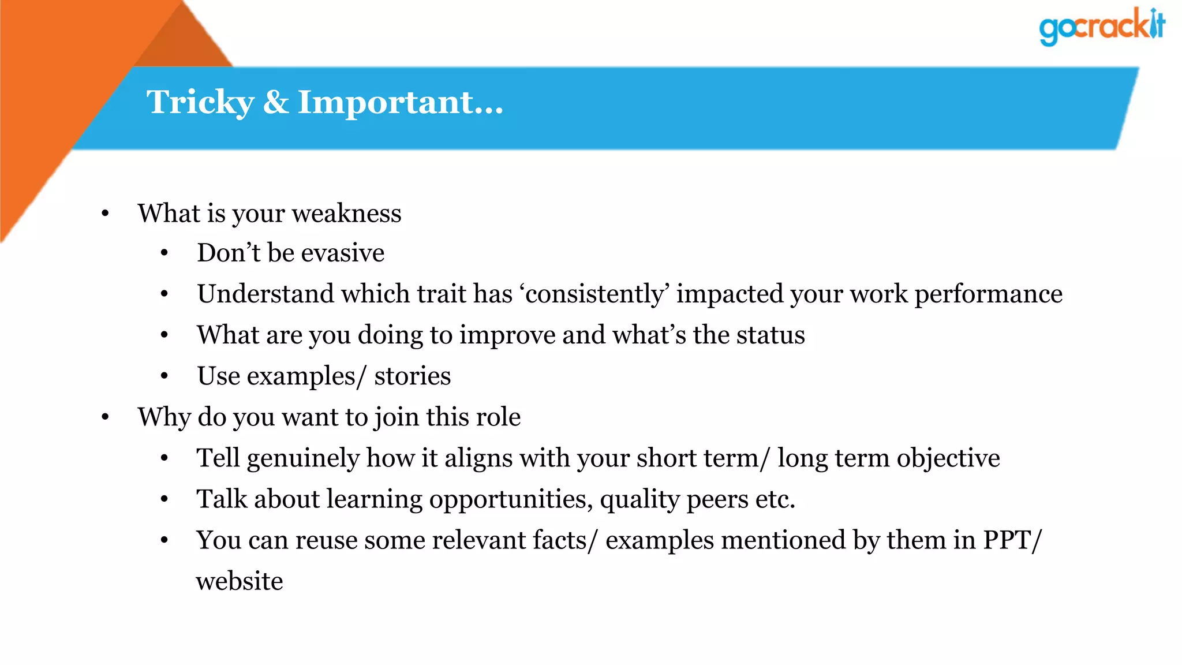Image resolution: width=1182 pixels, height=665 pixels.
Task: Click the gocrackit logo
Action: (1101, 27)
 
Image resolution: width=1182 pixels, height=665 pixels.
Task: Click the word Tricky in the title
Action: (200, 103)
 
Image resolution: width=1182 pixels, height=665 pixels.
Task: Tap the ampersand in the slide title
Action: (276, 102)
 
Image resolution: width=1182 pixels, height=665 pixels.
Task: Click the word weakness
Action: (346, 214)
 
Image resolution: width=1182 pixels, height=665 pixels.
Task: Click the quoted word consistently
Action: (594, 294)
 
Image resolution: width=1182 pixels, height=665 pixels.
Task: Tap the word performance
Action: (988, 294)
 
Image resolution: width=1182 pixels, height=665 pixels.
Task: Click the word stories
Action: (412, 376)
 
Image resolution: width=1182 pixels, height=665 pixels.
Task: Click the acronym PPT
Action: (1007, 540)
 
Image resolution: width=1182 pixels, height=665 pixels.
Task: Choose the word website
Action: (240, 581)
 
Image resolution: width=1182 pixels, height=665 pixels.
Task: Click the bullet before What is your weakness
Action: (105, 214)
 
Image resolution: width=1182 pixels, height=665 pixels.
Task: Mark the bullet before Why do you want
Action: (105, 417)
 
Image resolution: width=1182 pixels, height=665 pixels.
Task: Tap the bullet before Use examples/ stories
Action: (164, 376)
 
